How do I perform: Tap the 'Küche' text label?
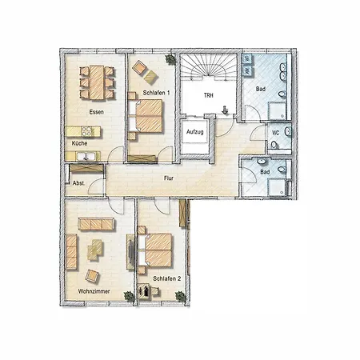point(79,143)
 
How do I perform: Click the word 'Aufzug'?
point(194,130)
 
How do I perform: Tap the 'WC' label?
point(274,132)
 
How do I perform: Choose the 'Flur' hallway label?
point(169,178)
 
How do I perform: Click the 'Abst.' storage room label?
point(78,183)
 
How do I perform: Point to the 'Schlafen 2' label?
point(167,278)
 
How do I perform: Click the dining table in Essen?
point(96,81)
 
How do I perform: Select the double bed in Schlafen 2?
point(158,249)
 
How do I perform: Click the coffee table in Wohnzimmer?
point(96,250)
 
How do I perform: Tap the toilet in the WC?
point(274,145)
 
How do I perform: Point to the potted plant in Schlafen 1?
point(170,60)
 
